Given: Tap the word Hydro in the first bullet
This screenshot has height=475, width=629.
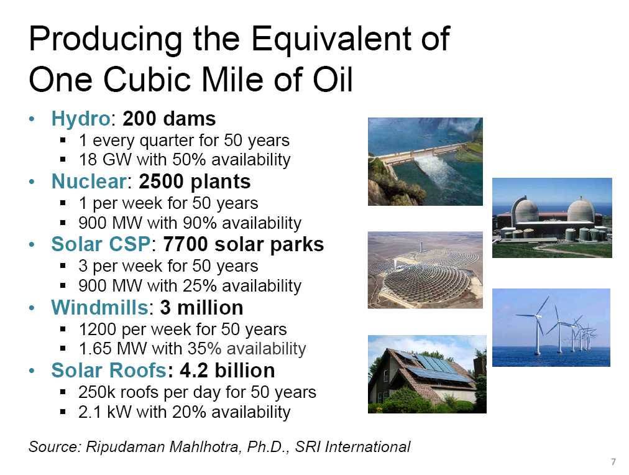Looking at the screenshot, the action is click(80, 119).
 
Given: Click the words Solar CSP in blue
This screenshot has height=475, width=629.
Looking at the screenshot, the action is click(101, 244).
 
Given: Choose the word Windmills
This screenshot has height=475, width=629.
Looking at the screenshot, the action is click(100, 308).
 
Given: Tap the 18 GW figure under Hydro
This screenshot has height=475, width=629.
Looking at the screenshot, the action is click(104, 160).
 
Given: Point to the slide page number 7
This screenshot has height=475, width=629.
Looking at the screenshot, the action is click(613, 462).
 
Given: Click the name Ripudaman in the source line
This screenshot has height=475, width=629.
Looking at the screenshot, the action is click(126, 447).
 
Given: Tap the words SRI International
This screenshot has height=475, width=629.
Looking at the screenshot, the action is click(352, 446).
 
